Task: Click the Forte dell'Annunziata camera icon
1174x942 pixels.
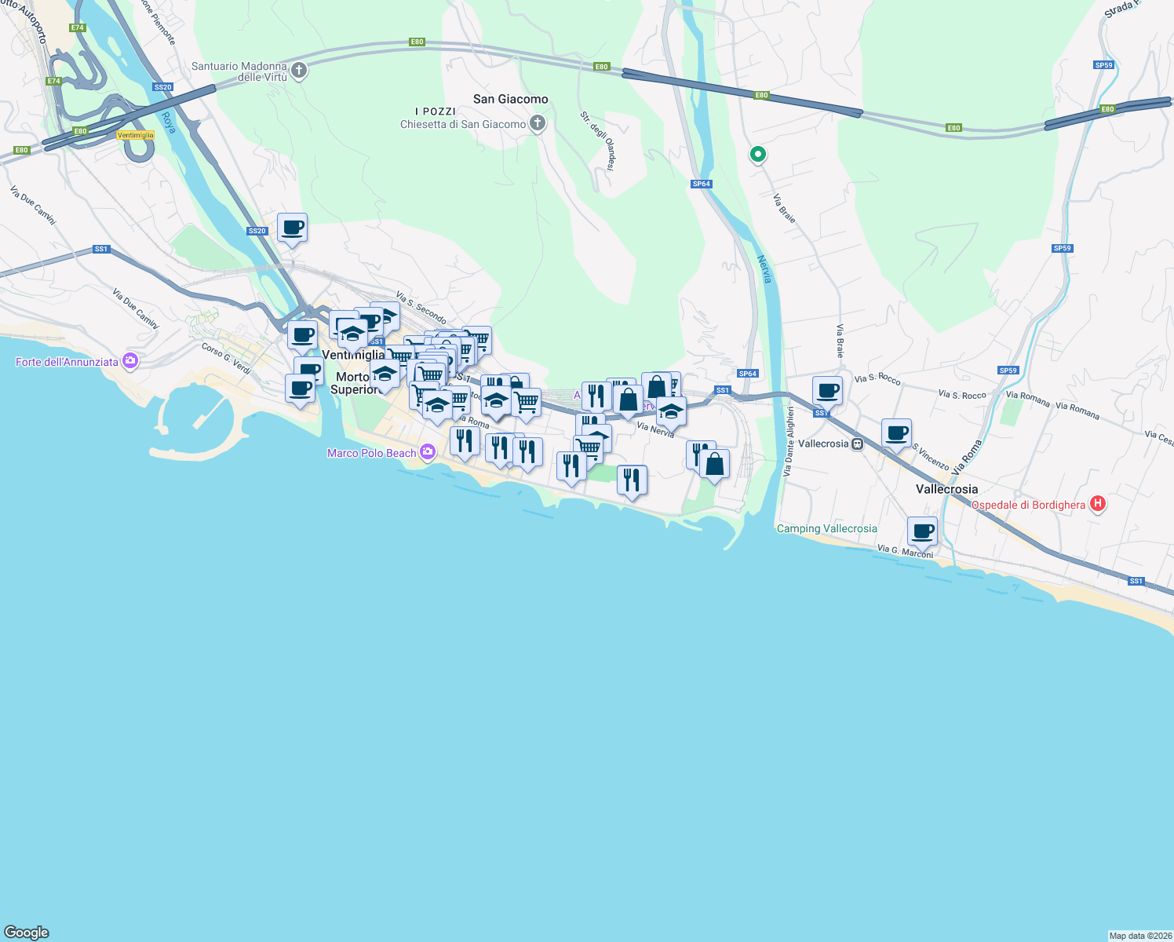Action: [x=130, y=361]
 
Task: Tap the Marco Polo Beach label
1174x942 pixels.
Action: [x=371, y=453]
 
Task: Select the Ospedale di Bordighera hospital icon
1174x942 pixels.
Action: [x=1098, y=504]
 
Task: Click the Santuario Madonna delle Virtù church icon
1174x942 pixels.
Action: [x=299, y=71]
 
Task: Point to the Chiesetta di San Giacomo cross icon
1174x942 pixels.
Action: [x=538, y=123]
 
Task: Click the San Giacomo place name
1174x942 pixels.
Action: [x=510, y=99]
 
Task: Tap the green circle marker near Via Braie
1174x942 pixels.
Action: [x=757, y=155]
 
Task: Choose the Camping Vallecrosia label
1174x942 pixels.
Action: [x=826, y=528]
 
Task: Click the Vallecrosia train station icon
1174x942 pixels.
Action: [x=858, y=444]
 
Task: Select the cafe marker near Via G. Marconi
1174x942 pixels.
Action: [x=923, y=531]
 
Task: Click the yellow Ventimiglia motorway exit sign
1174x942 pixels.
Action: [x=135, y=135]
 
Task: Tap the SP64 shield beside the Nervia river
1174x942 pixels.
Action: [x=701, y=184]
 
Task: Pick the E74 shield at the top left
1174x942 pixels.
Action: [x=77, y=27]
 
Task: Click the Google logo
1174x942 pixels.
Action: [x=27, y=933]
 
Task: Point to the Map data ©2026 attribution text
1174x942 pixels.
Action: [x=1140, y=936]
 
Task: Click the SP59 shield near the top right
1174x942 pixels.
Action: [x=1103, y=65]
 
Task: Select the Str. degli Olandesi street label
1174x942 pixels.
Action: [x=597, y=141]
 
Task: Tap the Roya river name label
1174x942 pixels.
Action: [x=169, y=122]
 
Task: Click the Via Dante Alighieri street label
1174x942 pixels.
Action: [x=789, y=441]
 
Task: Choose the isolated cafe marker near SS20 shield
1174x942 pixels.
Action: [x=293, y=228]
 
